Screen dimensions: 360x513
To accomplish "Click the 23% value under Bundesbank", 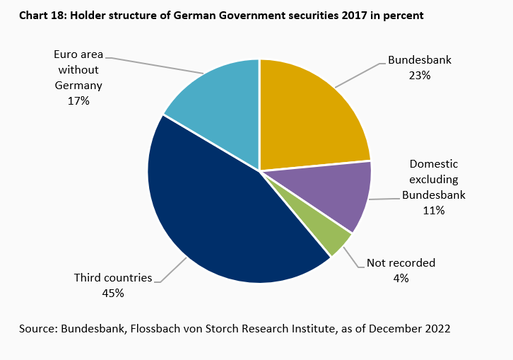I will tap(420, 75).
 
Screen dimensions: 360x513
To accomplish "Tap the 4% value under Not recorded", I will tap(401, 278).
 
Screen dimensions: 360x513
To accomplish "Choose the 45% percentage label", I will tap(113, 293).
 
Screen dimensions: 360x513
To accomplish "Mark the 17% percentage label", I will tap(78, 101).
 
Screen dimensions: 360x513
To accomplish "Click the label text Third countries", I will tap(113, 278).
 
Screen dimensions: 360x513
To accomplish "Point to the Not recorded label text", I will tap(401, 263).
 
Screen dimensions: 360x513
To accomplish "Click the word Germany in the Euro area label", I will tap(78, 86).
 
